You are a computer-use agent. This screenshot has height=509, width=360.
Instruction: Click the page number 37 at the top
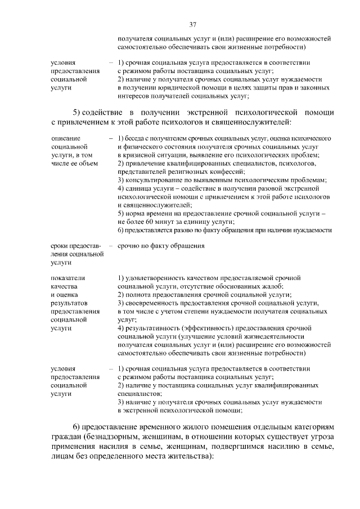point(192,24)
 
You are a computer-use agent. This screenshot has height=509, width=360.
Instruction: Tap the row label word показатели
point(67,278)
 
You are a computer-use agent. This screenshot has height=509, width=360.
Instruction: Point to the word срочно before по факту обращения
point(129,246)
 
